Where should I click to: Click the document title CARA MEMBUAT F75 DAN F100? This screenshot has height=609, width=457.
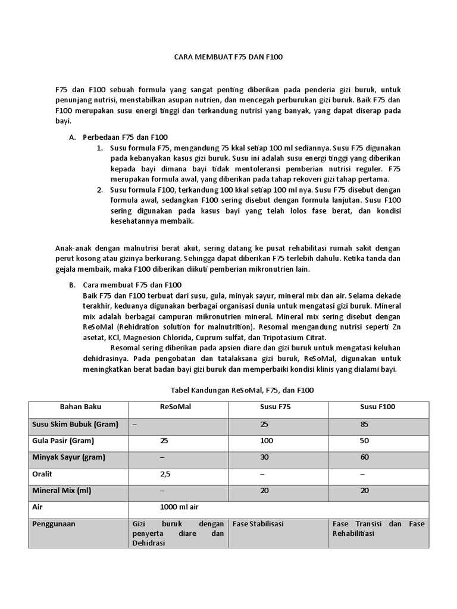228,57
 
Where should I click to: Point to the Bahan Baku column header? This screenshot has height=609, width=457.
80,407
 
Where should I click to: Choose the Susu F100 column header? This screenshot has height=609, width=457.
377,407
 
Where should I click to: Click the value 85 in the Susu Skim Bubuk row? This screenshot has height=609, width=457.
365,424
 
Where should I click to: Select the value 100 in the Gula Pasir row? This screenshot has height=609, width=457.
265,441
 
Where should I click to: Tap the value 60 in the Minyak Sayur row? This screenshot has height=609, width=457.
365,457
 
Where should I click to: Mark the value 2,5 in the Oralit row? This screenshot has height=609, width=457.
165,475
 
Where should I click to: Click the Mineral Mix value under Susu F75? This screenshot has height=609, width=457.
265,491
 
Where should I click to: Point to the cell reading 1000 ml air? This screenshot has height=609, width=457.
179,507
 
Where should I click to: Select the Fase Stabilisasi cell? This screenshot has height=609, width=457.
258,524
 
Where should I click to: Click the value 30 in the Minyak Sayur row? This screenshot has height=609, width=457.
265,457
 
